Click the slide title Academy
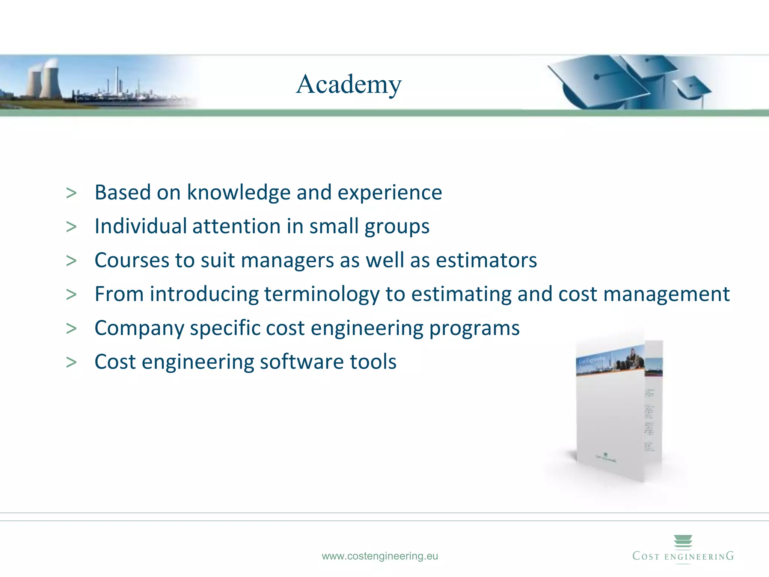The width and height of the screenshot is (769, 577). click(x=349, y=84)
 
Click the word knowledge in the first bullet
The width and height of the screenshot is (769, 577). click(x=239, y=193)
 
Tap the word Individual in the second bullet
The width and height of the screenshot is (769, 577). click(x=141, y=226)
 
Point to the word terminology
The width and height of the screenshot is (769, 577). click(x=322, y=294)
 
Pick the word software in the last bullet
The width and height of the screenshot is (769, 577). click(x=302, y=362)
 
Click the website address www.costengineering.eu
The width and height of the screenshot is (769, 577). click(x=380, y=556)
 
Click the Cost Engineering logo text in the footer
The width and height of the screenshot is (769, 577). click(x=683, y=556)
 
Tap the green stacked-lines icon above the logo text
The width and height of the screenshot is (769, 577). click(x=683, y=541)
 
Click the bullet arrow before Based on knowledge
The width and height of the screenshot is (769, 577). click(x=71, y=193)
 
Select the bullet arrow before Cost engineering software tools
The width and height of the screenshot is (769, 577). click(x=71, y=362)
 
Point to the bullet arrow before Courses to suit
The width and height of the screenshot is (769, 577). click(x=71, y=261)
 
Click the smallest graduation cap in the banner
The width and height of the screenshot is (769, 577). click(x=693, y=89)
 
